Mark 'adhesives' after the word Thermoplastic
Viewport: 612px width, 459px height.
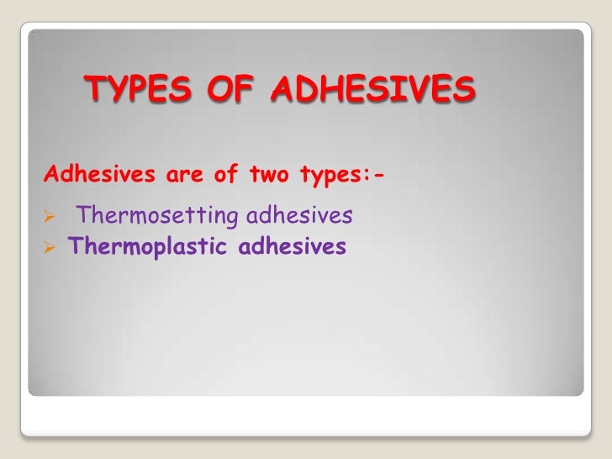tap(293, 247)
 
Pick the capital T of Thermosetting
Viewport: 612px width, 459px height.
tap(82, 217)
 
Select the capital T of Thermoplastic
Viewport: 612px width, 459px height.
tap(74, 247)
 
